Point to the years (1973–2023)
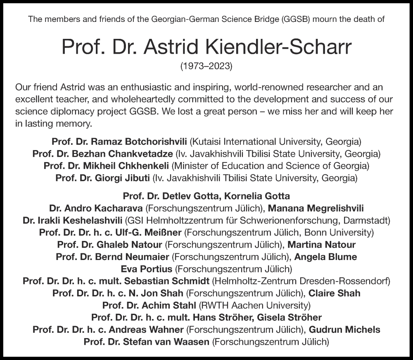(206, 66)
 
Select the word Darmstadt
(366, 220)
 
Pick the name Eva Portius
(147, 269)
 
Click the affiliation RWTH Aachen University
(254, 306)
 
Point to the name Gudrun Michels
(344, 330)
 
